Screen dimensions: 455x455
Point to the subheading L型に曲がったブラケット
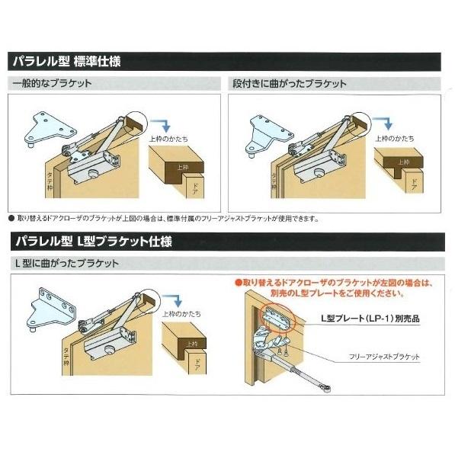tap(66, 263)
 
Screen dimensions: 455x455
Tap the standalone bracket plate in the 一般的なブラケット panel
tap(45, 129)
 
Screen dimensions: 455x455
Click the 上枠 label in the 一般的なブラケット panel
tap(182, 167)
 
